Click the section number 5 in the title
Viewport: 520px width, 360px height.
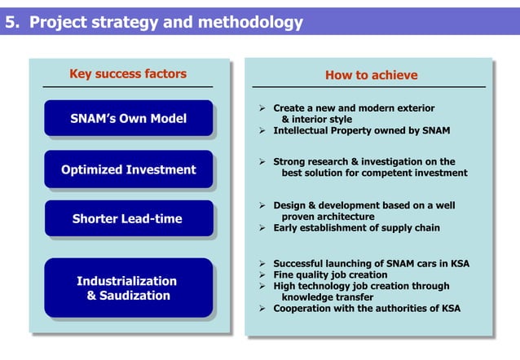click(11, 22)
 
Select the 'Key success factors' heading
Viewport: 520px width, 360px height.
click(128, 74)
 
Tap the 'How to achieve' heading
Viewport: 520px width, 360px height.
click(371, 75)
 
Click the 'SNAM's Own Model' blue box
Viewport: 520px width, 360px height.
click(128, 119)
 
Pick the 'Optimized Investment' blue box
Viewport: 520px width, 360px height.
click(128, 169)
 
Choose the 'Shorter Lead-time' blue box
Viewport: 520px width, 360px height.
click(128, 218)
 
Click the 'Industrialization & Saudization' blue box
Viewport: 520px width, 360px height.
click(128, 288)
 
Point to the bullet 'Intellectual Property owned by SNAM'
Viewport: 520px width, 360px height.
click(361, 130)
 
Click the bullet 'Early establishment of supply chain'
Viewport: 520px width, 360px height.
click(356, 228)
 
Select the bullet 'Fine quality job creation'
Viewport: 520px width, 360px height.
click(330, 275)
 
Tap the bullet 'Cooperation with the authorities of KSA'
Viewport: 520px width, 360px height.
click(365, 309)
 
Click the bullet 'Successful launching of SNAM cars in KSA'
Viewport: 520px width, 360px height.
click(371, 264)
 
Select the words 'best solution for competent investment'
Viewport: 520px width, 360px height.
click(374, 173)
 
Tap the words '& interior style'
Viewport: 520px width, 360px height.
click(317, 119)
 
